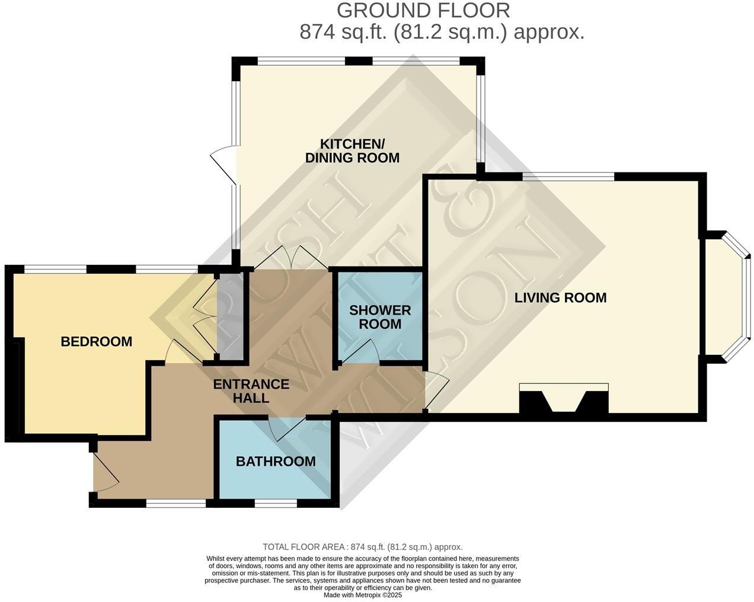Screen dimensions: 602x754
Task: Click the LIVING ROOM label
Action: coord(560,297)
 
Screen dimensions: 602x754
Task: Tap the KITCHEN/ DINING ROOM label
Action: coord(352,151)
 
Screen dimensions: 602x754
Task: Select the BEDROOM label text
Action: coord(96,342)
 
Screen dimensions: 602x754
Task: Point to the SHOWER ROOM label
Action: coord(380,317)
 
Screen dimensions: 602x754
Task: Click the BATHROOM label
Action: coord(276,462)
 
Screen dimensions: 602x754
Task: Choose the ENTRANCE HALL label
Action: coord(251,391)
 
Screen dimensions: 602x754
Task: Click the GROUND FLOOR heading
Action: coord(423,11)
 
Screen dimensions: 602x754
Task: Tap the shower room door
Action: coord(359,351)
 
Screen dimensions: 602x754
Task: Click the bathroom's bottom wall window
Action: coord(275,504)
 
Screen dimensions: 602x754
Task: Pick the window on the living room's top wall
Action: coord(568,176)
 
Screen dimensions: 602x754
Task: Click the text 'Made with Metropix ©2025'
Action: coord(363,595)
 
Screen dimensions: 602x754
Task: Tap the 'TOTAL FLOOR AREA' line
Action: coord(363,547)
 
